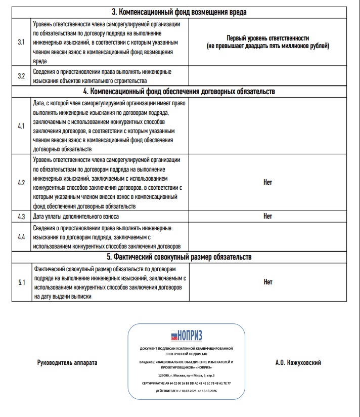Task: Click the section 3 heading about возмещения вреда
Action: click(x=182, y=12)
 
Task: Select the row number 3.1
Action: click(x=21, y=42)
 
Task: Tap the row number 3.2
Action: click(x=21, y=76)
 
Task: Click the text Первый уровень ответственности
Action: click(x=268, y=38)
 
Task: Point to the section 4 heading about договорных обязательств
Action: click(x=182, y=92)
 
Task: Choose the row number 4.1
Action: click(x=21, y=126)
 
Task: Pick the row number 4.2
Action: click(x=21, y=183)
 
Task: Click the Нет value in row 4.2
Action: click(x=268, y=183)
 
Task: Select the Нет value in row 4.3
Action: click(x=268, y=216)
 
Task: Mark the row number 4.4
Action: click(x=21, y=236)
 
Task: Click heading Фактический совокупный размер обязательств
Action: click(x=182, y=257)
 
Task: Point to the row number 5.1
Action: click(x=21, y=282)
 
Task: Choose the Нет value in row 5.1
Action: click(x=268, y=282)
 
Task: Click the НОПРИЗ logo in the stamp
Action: click(x=187, y=336)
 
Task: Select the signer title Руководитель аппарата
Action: click(x=67, y=363)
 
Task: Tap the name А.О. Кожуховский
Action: click(x=298, y=363)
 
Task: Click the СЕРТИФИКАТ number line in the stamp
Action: click(x=187, y=383)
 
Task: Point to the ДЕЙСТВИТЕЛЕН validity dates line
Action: click(x=187, y=391)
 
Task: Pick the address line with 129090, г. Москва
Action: click(x=187, y=376)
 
